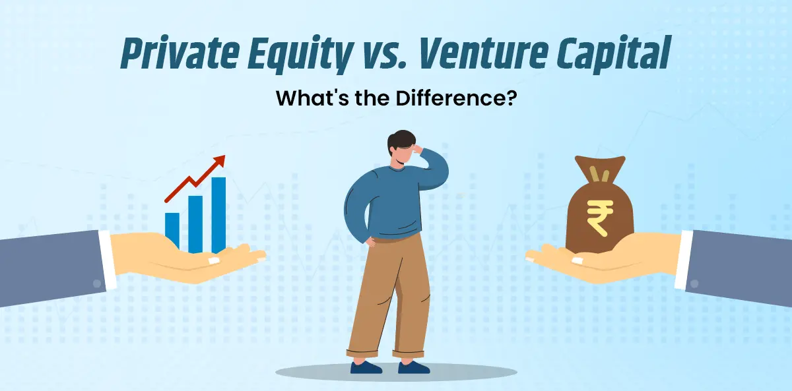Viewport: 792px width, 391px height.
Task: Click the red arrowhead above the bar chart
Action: tap(220, 160)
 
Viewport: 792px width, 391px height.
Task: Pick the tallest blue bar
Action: tap(218, 214)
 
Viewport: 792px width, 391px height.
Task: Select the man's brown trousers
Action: tap(386, 290)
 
